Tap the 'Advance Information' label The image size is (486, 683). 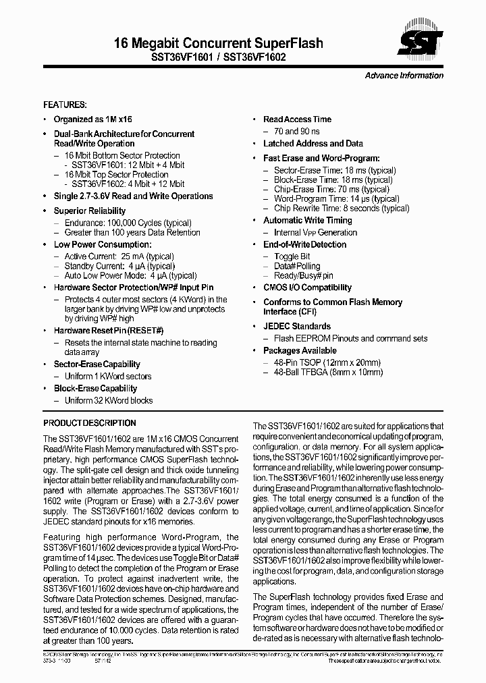(x=404, y=76)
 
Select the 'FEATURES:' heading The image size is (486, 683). (x=65, y=105)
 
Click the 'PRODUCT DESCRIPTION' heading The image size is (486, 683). (x=90, y=423)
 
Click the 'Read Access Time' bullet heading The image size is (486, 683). (x=297, y=119)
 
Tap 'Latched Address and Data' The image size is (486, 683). (x=313, y=144)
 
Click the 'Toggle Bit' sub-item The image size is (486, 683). (x=292, y=257)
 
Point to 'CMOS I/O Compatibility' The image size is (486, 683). (x=307, y=288)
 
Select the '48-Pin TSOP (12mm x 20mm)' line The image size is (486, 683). (x=327, y=362)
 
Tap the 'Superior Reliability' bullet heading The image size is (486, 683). (x=89, y=211)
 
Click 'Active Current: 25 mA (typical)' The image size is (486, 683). (x=119, y=257)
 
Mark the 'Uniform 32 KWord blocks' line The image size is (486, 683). (x=109, y=401)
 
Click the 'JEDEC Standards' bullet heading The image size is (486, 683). (x=297, y=327)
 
